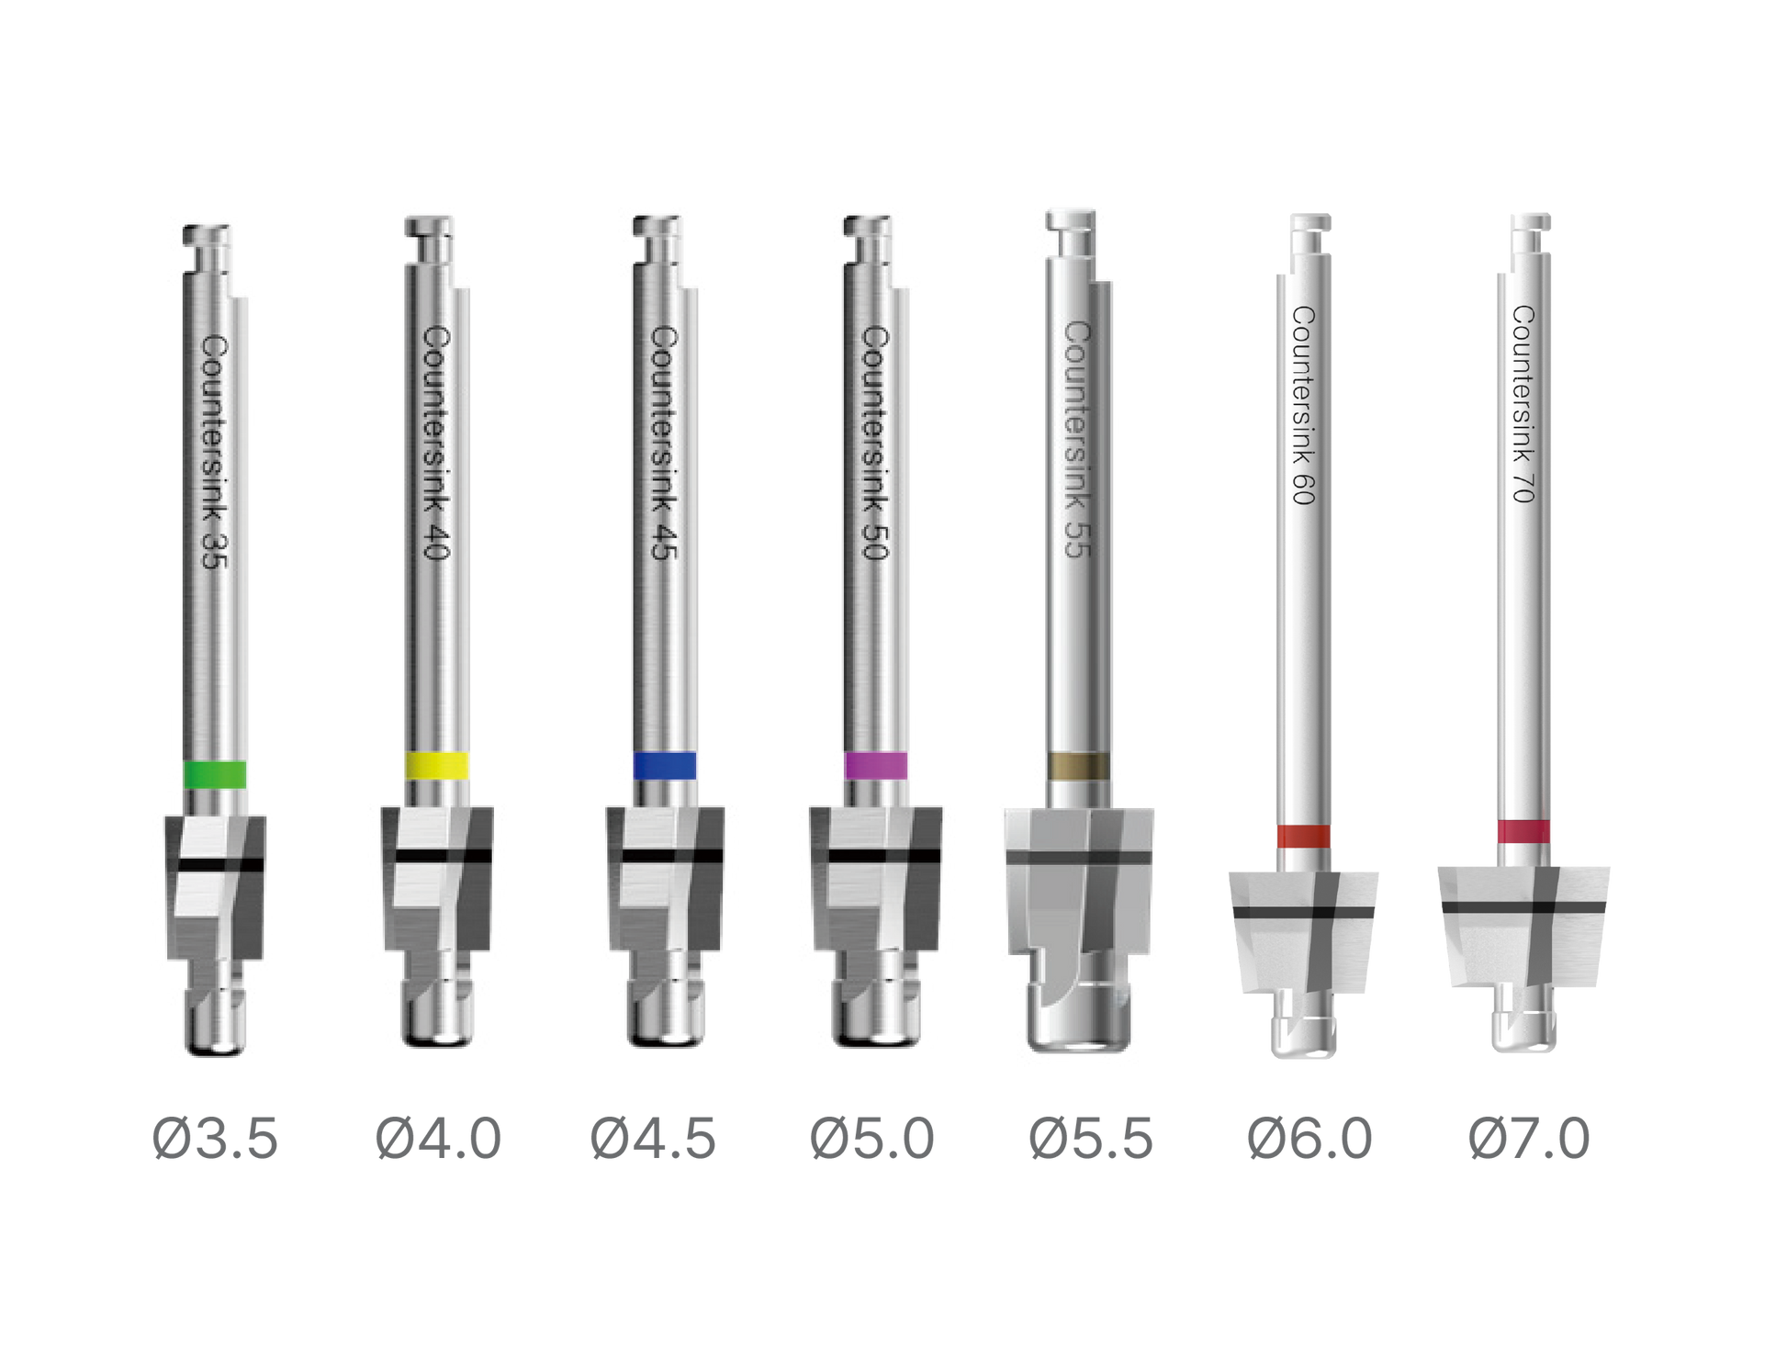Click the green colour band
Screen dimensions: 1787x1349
[x=215, y=774]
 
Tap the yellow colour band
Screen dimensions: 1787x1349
[x=437, y=766]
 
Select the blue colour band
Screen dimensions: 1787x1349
[x=665, y=766]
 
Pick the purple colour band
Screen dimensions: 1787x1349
[x=876, y=766]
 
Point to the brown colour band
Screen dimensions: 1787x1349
[x=1079, y=766]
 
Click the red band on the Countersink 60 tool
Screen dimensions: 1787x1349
[x=1304, y=836]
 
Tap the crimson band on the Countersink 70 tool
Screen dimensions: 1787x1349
[x=1524, y=831]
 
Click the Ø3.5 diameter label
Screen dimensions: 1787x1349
[x=215, y=1139]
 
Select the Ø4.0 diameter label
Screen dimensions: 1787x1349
[x=438, y=1139]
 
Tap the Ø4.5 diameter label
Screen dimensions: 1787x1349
[x=653, y=1139]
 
